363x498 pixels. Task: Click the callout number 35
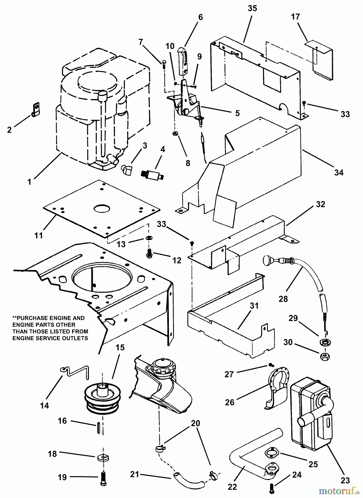click(252, 8)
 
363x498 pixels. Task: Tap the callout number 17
click(295, 17)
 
